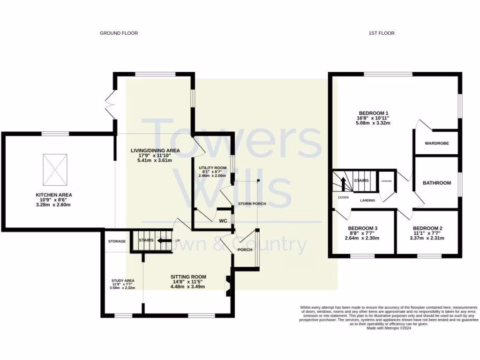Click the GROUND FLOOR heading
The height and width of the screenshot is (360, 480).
(119, 33)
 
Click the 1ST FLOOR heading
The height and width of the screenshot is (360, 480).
(382, 33)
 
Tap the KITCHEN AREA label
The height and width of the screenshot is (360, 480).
(54, 195)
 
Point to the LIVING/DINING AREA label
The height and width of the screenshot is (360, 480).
(155, 150)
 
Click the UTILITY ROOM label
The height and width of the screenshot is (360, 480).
(212, 167)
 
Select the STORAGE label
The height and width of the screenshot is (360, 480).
(117, 241)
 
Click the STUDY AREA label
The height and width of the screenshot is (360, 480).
(122, 281)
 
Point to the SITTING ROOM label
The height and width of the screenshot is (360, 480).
(188, 277)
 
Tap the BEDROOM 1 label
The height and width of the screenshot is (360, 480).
(374, 113)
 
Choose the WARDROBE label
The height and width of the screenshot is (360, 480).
(436, 143)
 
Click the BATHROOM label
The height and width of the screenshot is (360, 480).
(437, 183)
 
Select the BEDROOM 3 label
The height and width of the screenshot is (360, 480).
(363, 228)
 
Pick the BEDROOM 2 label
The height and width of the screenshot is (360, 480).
(428, 228)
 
